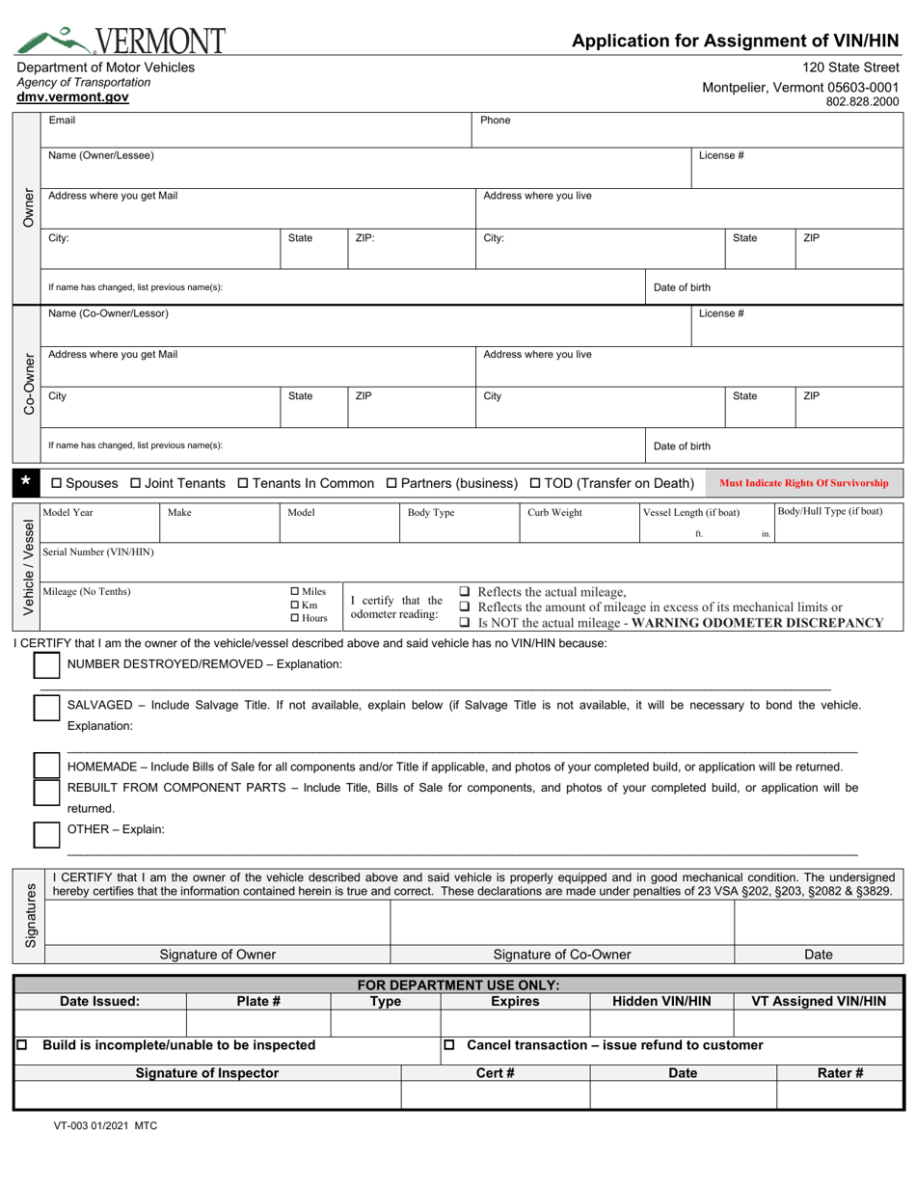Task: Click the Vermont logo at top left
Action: tap(121, 38)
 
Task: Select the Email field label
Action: tap(62, 121)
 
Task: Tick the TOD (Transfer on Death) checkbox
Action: tap(536, 482)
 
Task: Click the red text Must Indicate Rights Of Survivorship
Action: tap(804, 483)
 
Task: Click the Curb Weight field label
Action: tap(554, 512)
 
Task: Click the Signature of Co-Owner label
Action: tap(562, 955)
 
